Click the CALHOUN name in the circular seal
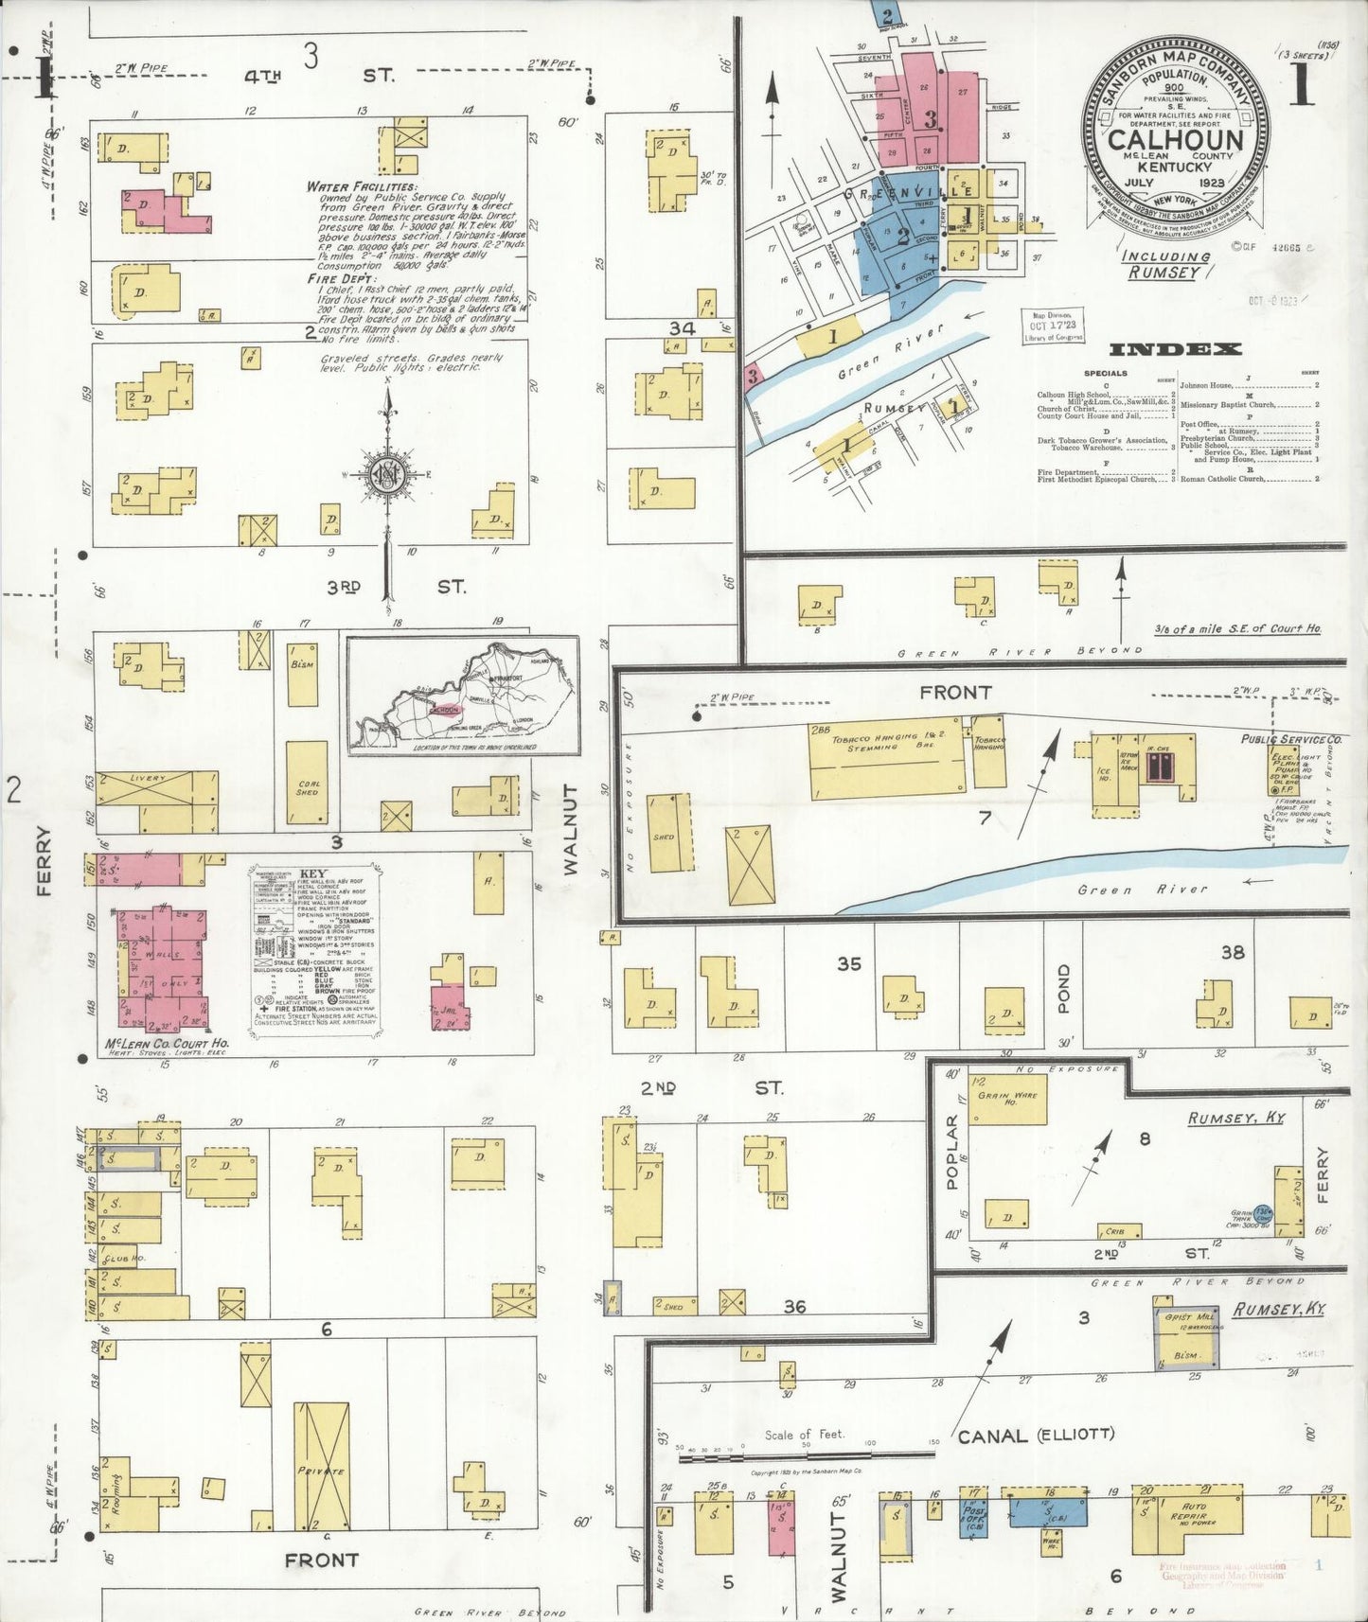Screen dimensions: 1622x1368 (x=1175, y=139)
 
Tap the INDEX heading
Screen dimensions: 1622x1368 (x=1175, y=349)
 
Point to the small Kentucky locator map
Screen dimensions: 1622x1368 (x=463, y=696)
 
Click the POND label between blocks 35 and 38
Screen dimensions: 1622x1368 (x=1062, y=989)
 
